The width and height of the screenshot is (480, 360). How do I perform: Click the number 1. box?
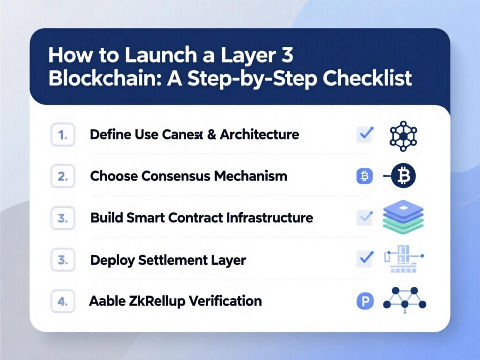(63, 135)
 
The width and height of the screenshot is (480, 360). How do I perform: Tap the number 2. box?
(63, 177)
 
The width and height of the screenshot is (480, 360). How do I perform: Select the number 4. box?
(63, 301)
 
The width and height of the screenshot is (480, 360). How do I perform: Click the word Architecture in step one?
(259, 135)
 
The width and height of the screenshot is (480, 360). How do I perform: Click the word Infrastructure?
(270, 218)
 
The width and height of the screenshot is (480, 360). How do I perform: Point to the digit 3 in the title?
(287, 55)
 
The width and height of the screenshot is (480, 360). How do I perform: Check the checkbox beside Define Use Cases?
(365, 135)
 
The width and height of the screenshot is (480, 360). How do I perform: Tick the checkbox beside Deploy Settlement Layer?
(365, 257)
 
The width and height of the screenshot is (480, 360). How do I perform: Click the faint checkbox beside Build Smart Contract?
(364, 217)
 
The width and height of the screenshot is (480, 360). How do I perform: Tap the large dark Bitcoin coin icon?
(403, 176)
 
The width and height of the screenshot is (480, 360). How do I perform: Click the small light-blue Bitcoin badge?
(364, 176)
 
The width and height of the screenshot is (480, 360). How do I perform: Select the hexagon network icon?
(403, 136)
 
